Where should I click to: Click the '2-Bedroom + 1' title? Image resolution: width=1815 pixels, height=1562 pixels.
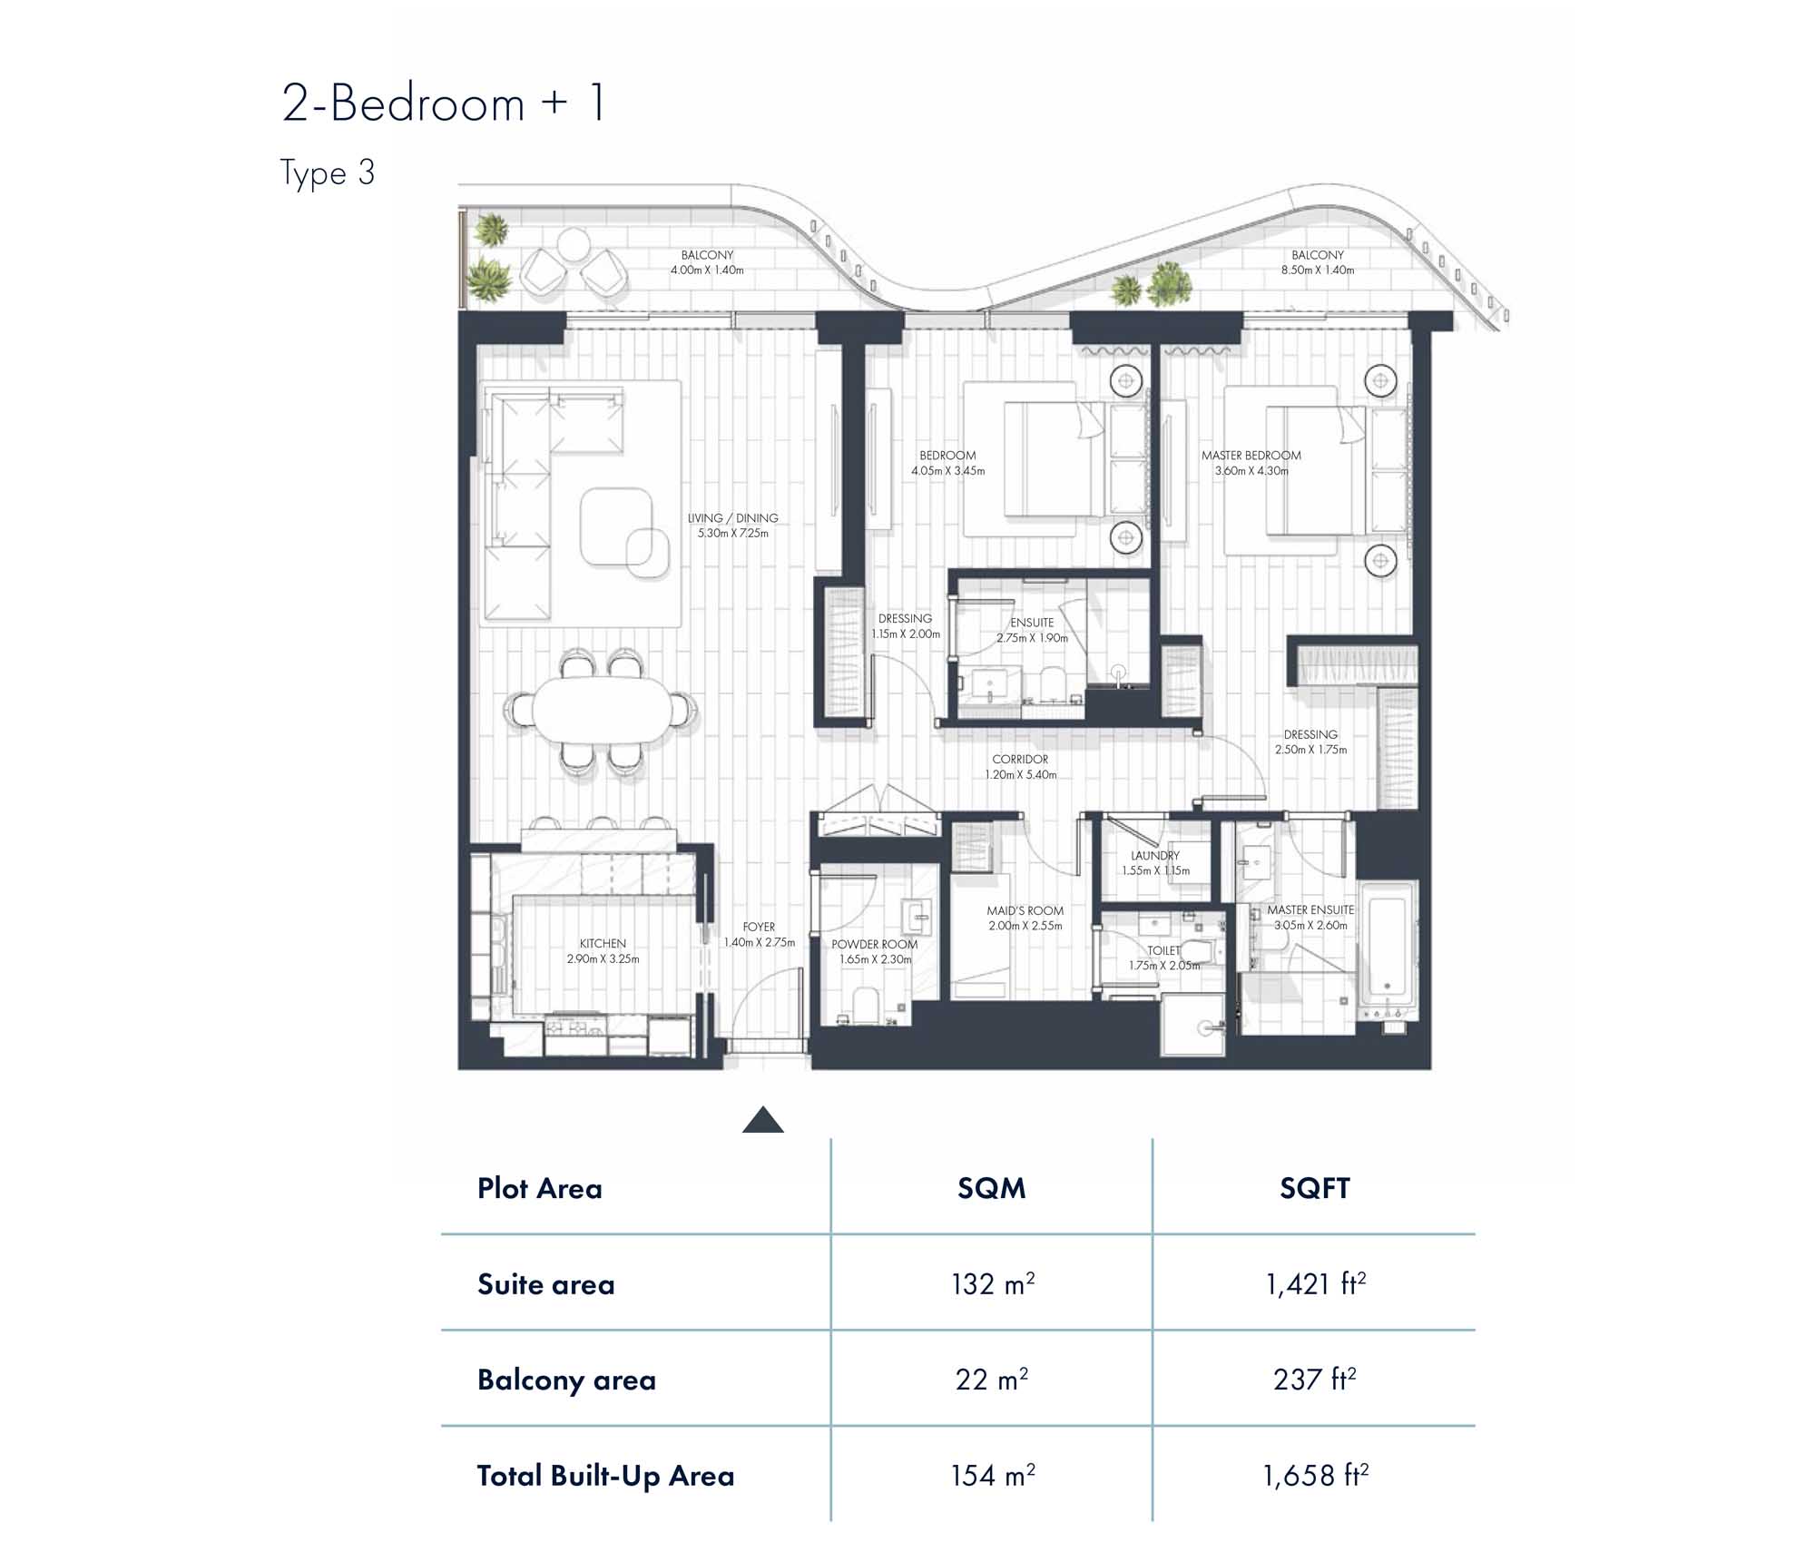pos(443,103)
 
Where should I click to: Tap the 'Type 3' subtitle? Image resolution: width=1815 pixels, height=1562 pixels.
pos(328,172)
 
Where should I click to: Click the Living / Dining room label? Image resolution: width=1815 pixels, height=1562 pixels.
pos(732,518)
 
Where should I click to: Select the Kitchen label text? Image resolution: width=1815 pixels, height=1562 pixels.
pos(603,943)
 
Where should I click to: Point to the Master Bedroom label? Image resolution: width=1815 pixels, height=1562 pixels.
pos(1251,455)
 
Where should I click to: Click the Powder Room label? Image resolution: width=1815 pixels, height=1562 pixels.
pos(875,944)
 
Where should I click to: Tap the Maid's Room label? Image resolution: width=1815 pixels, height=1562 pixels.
pos(1025,910)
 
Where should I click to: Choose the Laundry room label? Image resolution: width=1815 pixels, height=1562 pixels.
pos(1155,855)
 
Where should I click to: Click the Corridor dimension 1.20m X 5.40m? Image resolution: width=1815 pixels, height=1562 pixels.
pos(1021,774)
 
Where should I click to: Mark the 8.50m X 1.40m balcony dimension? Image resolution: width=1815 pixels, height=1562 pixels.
pos(1318,270)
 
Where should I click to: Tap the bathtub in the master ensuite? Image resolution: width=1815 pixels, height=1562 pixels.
pos(1387,949)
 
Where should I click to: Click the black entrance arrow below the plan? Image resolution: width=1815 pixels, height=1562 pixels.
pos(762,1120)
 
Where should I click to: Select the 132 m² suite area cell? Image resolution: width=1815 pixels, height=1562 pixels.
pos(993,1283)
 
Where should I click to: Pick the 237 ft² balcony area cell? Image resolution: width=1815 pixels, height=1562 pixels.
pos(1315,1379)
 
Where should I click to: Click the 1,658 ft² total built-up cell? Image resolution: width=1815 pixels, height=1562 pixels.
pos(1315,1475)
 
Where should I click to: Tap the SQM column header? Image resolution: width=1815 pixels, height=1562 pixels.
pos(992,1188)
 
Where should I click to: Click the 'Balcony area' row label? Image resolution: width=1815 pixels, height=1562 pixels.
pos(566,1380)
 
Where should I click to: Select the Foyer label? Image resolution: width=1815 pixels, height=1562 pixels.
pos(759,927)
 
